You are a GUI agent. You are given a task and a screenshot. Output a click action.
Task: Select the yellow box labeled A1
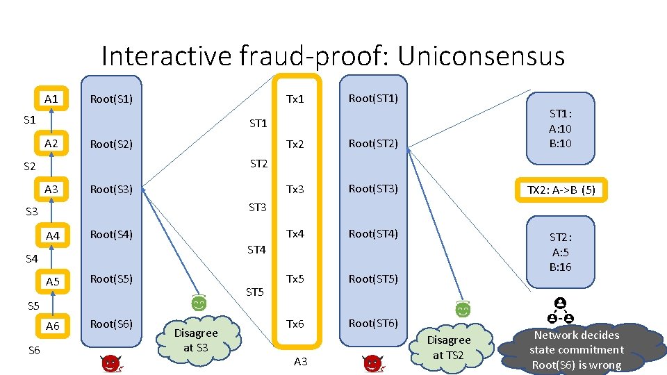tap(51, 99)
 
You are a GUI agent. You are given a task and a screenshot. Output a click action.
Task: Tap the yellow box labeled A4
tap(53, 236)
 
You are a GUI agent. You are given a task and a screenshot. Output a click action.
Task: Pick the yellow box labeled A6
tap(53, 326)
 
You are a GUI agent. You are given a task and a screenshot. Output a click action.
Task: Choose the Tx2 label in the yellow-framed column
tap(295, 144)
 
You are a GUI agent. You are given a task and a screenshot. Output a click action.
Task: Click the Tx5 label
tap(295, 278)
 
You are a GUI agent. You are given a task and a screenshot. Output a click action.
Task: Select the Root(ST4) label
tap(373, 233)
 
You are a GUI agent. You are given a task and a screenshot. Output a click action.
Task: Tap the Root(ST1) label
tap(373, 99)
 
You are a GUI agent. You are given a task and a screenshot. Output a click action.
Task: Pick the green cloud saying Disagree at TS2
tap(448, 347)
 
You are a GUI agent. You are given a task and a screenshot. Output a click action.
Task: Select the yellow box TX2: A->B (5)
tap(561, 190)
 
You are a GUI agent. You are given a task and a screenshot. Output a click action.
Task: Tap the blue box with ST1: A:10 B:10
tap(561, 128)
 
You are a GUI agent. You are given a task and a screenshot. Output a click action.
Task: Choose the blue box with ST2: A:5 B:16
tap(561, 251)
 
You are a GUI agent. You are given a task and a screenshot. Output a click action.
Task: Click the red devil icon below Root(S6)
tap(110, 363)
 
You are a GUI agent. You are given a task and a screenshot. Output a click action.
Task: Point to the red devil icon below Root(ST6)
tap(372, 363)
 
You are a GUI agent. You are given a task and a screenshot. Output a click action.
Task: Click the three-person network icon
tap(560, 312)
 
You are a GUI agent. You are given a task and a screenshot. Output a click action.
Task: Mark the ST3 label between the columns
tap(258, 207)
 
